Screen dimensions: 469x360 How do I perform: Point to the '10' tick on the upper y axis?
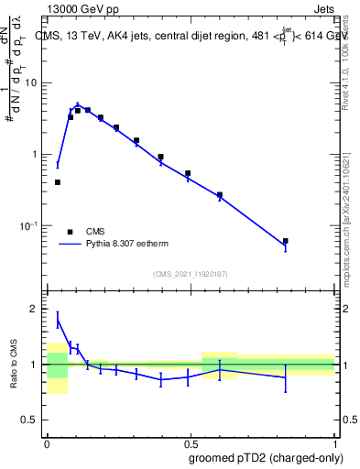pyautogui.click(x=31, y=83)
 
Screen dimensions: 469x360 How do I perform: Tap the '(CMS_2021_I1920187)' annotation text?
pyautogui.click(x=191, y=273)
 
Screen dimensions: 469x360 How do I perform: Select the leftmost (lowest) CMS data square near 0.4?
pyautogui.click(x=58, y=182)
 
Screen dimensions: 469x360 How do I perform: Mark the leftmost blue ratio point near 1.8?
pyautogui.click(x=58, y=319)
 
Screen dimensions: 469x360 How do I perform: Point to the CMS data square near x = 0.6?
pyautogui.click(x=220, y=195)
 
